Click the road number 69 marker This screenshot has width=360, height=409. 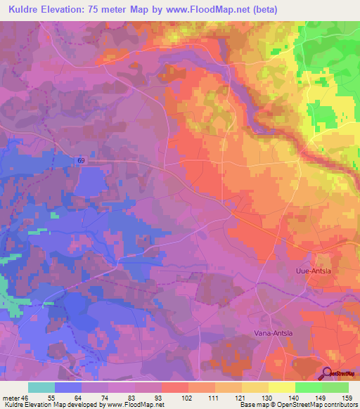(x=81, y=161)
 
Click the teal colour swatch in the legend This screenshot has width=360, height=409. (x=41, y=387)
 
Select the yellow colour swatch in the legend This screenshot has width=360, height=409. (x=282, y=387)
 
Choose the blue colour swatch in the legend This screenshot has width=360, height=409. (x=68, y=387)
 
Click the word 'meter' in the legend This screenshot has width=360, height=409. (x=10, y=398)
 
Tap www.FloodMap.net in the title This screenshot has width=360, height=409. (x=214, y=10)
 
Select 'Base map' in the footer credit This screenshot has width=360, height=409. (x=255, y=405)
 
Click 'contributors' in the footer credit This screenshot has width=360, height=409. (x=339, y=405)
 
